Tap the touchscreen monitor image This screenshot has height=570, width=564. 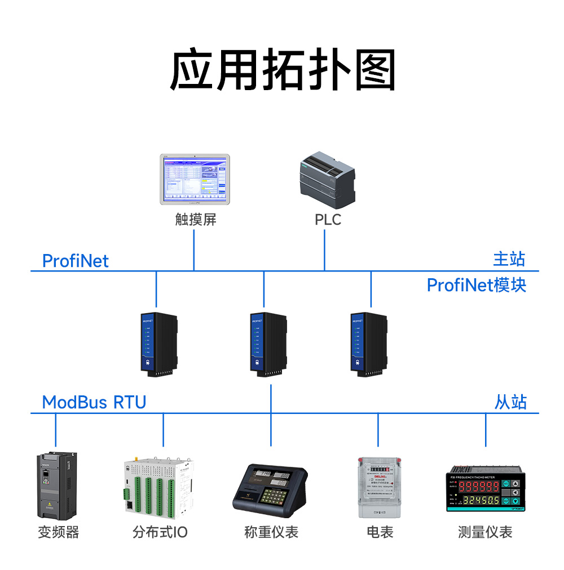pyautogui.click(x=195, y=179)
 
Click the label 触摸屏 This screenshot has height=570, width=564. pyautogui.click(x=195, y=220)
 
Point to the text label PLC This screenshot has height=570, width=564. pyautogui.click(x=328, y=220)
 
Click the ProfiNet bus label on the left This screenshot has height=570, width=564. pyautogui.click(x=75, y=261)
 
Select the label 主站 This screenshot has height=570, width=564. pyautogui.click(x=509, y=259)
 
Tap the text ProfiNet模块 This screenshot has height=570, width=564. pyautogui.click(x=476, y=285)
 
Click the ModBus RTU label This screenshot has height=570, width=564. pyautogui.click(x=94, y=402)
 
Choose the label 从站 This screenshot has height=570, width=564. pyautogui.click(x=510, y=402)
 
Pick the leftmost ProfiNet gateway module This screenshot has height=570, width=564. pyautogui.click(x=158, y=344)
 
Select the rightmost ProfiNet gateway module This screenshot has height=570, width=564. pyautogui.click(x=369, y=344)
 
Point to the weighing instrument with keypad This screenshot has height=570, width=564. pyautogui.click(x=270, y=488)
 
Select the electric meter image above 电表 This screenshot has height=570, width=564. pyautogui.click(x=378, y=488)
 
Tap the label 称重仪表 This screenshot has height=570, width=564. pyautogui.click(x=271, y=532)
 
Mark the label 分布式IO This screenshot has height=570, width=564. pyautogui.click(x=160, y=532)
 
